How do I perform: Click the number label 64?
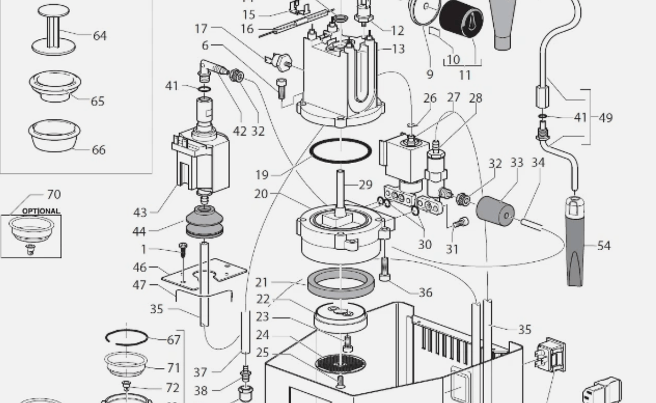point(99,36)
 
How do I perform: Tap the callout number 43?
point(139,212)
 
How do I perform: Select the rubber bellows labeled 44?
point(204,223)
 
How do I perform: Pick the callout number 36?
point(425,292)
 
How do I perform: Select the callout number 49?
point(606,117)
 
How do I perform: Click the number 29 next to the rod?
point(365,185)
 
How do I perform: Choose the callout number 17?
point(201,28)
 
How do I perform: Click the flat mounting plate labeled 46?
point(205,274)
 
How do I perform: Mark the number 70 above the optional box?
point(53,194)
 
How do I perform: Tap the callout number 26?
point(430,98)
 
